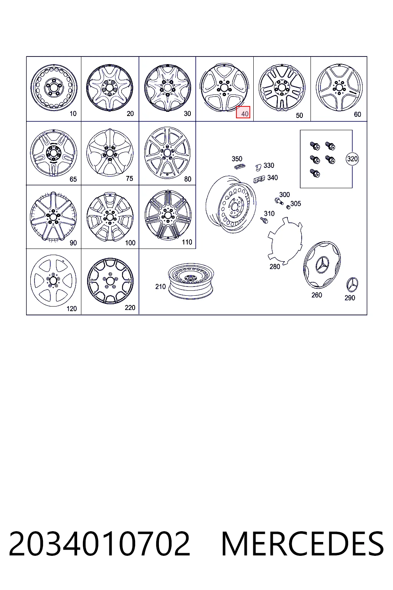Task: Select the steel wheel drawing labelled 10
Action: tap(54, 87)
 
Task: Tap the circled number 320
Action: tap(352, 159)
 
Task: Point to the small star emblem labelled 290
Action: tap(352, 285)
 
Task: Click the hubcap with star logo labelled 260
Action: tap(322, 264)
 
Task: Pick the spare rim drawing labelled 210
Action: tap(191, 281)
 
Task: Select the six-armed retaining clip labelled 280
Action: tap(285, 241)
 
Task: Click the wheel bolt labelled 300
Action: tap(279, 202)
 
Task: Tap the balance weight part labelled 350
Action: tap(239, 166)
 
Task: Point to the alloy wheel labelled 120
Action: tap(53, 280)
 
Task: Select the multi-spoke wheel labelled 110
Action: tap(168, 215)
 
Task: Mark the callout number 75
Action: tap(129, 179)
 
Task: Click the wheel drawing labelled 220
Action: tap(110, 281)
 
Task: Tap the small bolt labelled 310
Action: tap(264, 220)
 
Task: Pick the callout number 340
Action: tap(272, 178)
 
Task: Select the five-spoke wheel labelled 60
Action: tap(339, 87)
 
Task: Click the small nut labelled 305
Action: tap(288, 207)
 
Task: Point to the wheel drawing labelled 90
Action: tap(53, 216)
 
